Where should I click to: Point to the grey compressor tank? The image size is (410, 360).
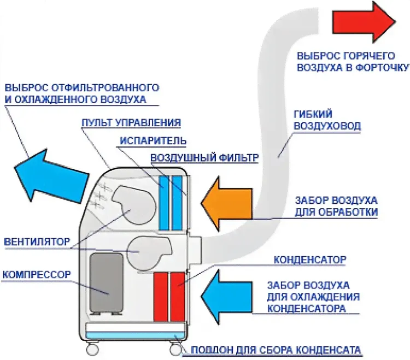[107, 282]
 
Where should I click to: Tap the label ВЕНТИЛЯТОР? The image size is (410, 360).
[37, 241]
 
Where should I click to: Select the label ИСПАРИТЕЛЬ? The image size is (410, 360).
[153, 140]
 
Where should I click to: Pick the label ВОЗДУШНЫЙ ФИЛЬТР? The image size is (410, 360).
[203, 158]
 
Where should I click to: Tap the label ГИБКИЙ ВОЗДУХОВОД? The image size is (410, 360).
[327, 120]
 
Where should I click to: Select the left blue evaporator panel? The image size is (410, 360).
[163, 202]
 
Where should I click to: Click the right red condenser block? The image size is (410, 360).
[178, 297]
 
